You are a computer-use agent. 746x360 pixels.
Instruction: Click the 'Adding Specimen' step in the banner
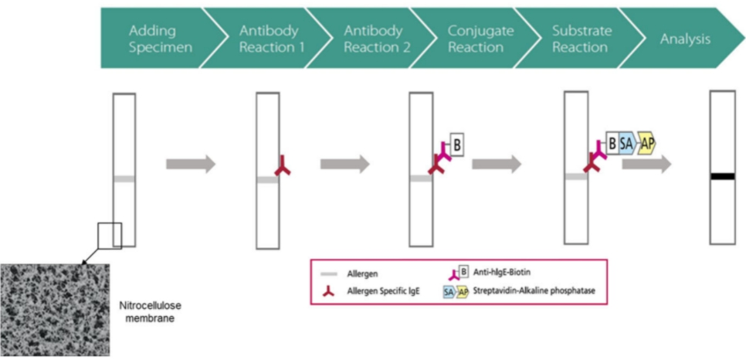click(152, 39)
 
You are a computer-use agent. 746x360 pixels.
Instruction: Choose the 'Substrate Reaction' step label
click(581, 39)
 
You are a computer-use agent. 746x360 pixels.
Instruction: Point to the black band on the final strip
click(722, 177)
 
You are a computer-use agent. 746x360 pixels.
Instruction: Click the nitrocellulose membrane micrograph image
click(55, 309)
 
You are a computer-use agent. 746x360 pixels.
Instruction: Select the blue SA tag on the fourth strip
click(626, 143)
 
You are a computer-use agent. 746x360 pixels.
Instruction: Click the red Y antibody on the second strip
click(283, 165)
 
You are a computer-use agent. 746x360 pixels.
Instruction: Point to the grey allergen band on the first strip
click(124, 179)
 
